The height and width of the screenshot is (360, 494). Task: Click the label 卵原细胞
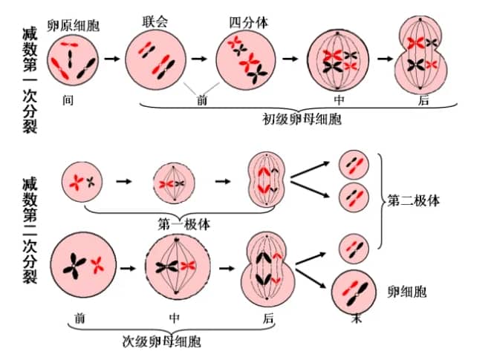(x=73, y=26)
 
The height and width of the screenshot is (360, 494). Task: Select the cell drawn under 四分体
(x=247, y=60)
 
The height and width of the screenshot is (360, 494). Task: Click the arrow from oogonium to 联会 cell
(x=111, y=59)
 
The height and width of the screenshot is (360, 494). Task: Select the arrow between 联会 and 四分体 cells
(x=199, y=59)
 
